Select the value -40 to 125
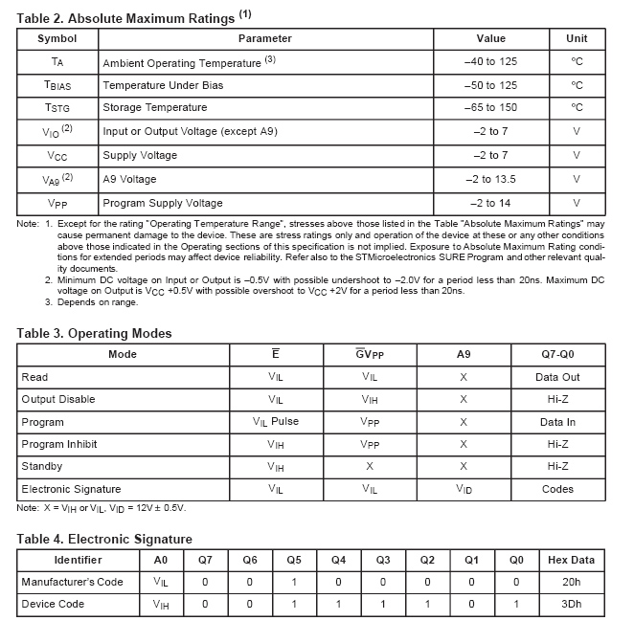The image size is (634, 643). coord(490,62)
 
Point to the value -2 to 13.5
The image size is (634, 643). coord(490,179)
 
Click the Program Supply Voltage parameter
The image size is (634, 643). coord(162,203)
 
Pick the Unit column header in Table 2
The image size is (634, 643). coord(577,39)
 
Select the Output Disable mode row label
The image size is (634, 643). coord(57,399)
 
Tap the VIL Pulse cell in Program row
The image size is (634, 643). coord(276,422)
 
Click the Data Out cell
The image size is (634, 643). coord(558,377)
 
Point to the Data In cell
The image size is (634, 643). coord(558,422)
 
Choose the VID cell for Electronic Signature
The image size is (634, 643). coord(464,489)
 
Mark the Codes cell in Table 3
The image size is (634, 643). coord(558,489)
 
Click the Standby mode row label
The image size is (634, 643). coord(42,466)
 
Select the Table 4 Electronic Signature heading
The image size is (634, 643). coord(104,539)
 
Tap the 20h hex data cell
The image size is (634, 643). coord(571,582)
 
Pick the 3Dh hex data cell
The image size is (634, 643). coord(571,605)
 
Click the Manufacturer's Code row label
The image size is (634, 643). coord(72,582)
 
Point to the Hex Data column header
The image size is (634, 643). coord(571,560)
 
